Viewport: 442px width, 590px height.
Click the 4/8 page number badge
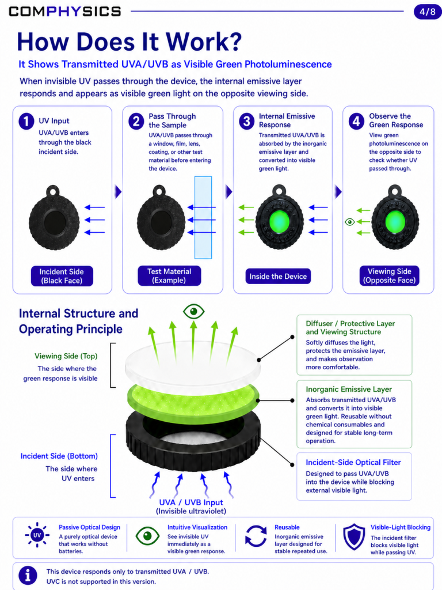tap(427, 12)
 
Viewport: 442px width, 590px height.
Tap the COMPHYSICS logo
tap(64, 12)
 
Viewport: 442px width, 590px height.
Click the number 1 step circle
tap(26, 122)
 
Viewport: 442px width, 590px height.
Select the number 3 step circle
tap(246, 122)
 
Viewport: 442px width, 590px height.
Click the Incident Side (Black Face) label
tap(62, 276)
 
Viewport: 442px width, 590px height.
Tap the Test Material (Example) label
tap(169, 276)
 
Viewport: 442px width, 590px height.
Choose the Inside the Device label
tap(278, 276)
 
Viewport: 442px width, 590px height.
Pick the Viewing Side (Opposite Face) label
tap(390, 276)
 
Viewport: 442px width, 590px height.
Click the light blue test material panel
tap(203, 217)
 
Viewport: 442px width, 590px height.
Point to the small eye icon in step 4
tap(349, 222)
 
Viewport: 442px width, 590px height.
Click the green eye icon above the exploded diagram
tap(193, 312)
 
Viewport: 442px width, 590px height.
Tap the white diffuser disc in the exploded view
tap(192, 363)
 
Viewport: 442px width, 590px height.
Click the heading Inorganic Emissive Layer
tap(349, 389)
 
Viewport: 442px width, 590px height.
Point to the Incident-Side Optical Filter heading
tap(353, 463)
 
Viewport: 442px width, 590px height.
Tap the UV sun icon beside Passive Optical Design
tap(37, 535)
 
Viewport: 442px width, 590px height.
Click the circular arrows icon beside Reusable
tap(256, 536)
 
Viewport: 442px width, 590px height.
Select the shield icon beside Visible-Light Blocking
tap(354, 537)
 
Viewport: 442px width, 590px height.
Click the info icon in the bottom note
tap(28, 576)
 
